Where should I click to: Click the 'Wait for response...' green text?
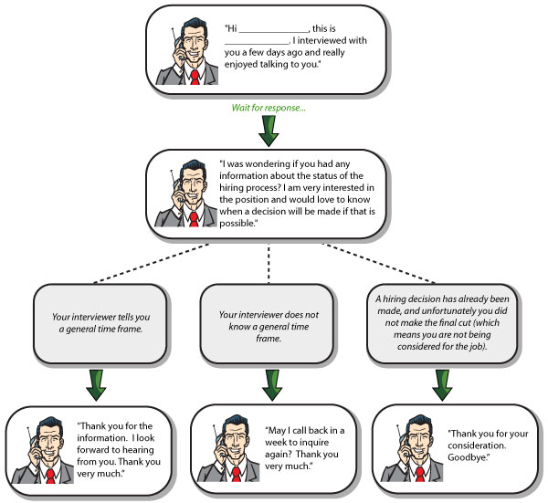[x=268, y=107]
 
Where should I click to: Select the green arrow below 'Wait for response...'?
[x=269, y=131]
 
